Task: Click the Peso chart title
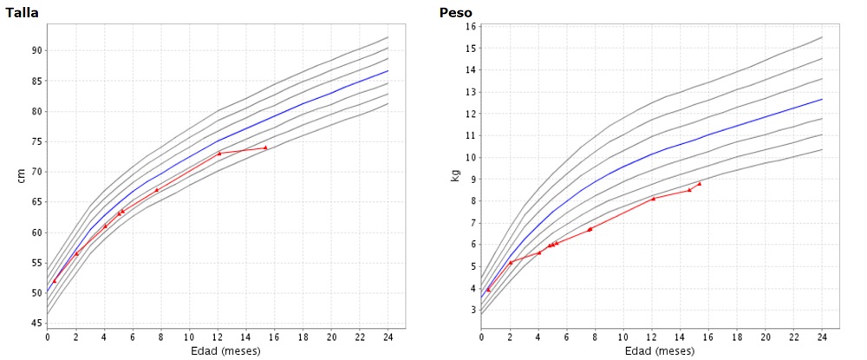tap(456, 11)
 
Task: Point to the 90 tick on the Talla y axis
tap(36, 50)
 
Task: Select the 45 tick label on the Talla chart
tap(36, 324)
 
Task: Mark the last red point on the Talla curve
tap(265, 147)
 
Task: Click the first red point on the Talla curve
tap(55, 281)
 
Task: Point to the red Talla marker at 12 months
tap(219, 154)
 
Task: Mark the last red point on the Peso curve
tap(700, 183)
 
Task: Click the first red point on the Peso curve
tap(488, 290)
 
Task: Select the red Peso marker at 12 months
tap(653, 199)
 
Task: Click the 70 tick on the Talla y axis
tap(36, 172)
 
